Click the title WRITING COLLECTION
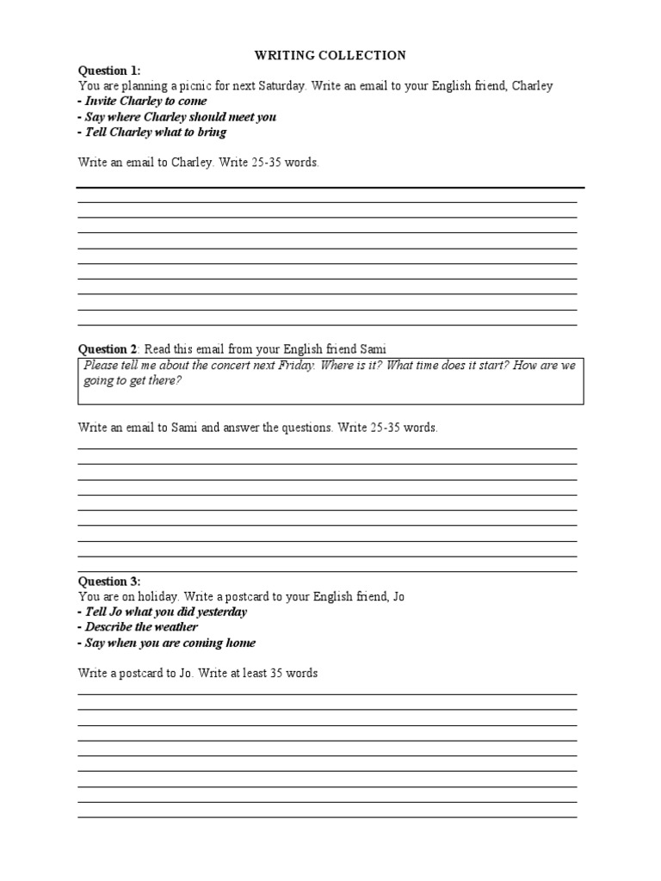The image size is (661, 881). pyautogui.click(x=330, y=55)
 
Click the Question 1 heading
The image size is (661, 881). pyautogui.click(x=108, y=71)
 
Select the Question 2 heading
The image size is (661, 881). pyautogui.click(x=108, y=348)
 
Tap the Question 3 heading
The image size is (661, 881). pyautogui.click(x=108, y=581)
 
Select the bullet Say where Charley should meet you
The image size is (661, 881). pyautogui.click(x=178, y=117)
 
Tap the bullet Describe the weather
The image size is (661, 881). pyautogui.click(x=139, y=627)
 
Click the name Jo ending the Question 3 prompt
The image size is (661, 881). pyautogui.click(x=398, y=596)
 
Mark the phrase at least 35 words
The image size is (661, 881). pyautogui.click(x=270, y=673)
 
